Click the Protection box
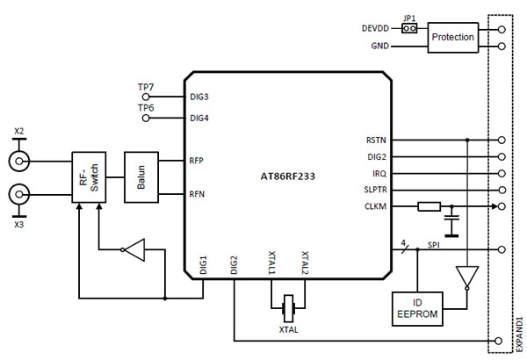click(x=453, y=37)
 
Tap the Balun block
click(x=139, y=178)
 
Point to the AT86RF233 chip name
click(x=287, y=176)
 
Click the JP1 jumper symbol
click(x=408, y=28)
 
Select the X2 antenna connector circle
click(x=18, y=161)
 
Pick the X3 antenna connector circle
click(x=18, y=194)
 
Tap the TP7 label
click(x=146, y=86)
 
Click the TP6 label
click(x=146, y=107)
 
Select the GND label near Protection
click(x=380, y=45)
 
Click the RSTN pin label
click(x=376, y=140)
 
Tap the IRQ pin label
click(x=379, y=173)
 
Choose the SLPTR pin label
click(x=375, y=190)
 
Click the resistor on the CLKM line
click(x=428, y=206)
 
